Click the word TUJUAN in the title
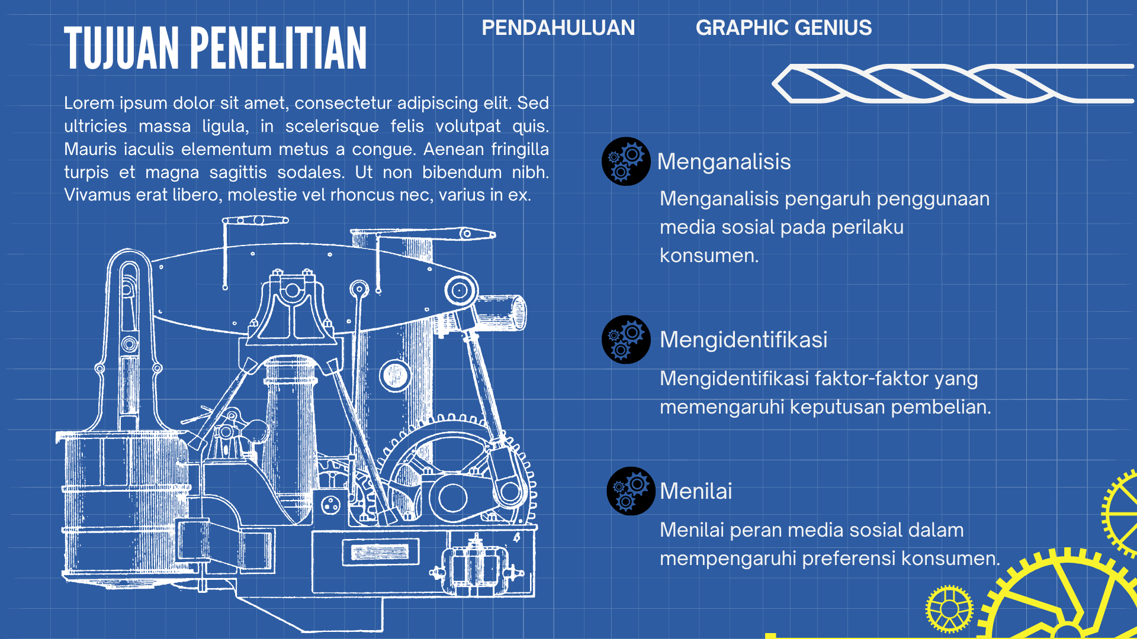(x=121, y=49)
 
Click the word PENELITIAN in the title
(x=278, y=49)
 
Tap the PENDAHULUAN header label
(x=558, y=28)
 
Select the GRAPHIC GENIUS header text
(x=783, y=28)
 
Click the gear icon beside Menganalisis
(x=626, y=162)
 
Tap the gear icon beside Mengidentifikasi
(x=626, y=340)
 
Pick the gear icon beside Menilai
(x=631, y=491)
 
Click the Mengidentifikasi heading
(x=743, y=340)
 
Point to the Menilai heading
(x=696, y=491)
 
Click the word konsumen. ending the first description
(x=709, y=256)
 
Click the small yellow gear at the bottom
(x=949, y=609)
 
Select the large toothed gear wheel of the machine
(x=456, y=467)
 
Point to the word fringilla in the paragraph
(x=519, y=149)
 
